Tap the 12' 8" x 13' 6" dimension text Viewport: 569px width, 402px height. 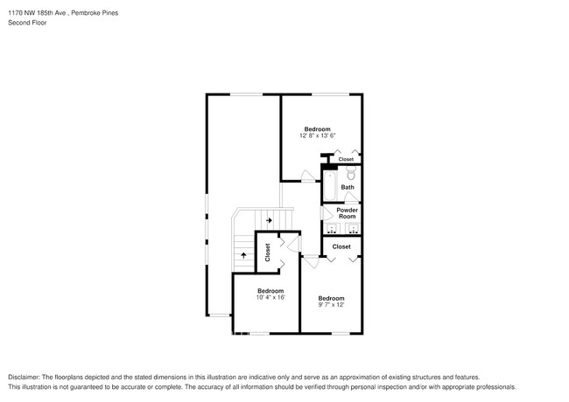pyautogui.click(x=318, y=135)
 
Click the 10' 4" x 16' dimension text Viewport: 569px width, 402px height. pyautogui.click(x=270, y=298)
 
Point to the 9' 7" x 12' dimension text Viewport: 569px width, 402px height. pyautogui.click(x=331, y=305)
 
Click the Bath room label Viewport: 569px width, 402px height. pyautogui.click(x=348, y=187)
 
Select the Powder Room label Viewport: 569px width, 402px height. pyautogui.click(x=348, y=212)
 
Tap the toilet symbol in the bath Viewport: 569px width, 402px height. pyautogui.click(x=351, y=175)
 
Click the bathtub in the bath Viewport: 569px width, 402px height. pyautogui.click(x=329, y=185)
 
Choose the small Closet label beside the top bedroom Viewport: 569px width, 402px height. pyautogui.click(x=346, y=159)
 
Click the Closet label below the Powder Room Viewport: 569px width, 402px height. pyautogui.click(x=341, y=246)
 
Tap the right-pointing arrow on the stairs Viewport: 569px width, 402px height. pyautogui.click(x=270, y=220)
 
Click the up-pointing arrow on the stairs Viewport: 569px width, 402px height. pyautogui.click(x=243, y=254)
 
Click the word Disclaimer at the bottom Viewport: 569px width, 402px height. pyautogui.click(x=27, y=376)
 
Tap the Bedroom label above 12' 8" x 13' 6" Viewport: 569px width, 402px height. pyautogui.click(x=317, y=128)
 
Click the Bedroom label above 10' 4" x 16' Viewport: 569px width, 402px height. pyautogui.click(x=270, y=290)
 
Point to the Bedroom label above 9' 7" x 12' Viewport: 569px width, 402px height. pyautogui.click(x=331, y=298)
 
